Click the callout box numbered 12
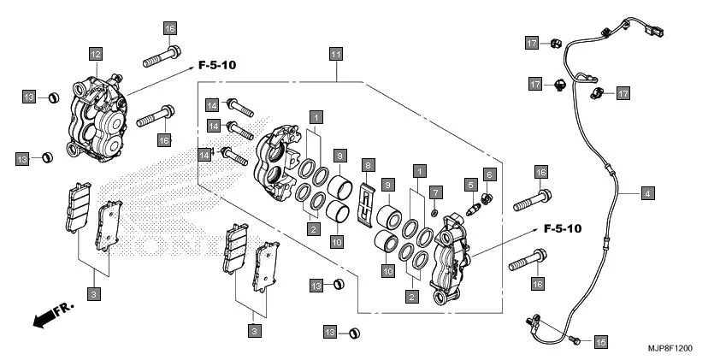(95, 54)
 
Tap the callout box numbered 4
(647, 194)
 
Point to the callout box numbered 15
(599, 341)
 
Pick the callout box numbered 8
(368, 164)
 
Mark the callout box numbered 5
(470, 183)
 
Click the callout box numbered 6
(490, 174)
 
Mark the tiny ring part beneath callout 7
(435, 212)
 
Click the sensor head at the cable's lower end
(532, 321)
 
